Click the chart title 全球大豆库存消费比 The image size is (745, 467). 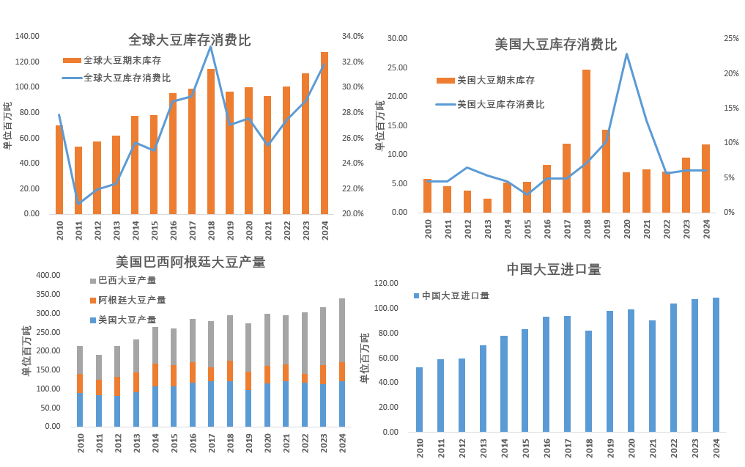pyautogui.click(x=189, y=40)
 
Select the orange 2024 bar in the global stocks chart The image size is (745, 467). pyautogui.click(x=325, y=132)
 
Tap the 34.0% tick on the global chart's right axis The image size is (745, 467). pyautogui.click(x=353, y=36)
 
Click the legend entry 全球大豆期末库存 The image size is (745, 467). pyautogui.click(x=122, y=60)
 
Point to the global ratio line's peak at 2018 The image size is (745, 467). pyautogui.click(x=211, y=47)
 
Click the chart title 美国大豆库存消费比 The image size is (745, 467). pyautogui.click(x=555, y=45)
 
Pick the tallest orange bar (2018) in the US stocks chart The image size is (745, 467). pyautogui.click(x=586, y=139)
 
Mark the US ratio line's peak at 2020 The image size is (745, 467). pyautogui.click(x=626, y=54)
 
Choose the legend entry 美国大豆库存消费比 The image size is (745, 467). pyautogui.click(x=500, y=104)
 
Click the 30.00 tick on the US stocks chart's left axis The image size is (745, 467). pyautogui.click(x=397, y=38)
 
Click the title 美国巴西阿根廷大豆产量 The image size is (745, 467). pyautogui.click(x=190, y=262)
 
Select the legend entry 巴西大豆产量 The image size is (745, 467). pyautogui.click(x=127, y=280)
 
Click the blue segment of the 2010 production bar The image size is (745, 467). pyautogui.click(x=80, y=409)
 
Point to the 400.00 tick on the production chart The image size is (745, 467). pyautogui.click(x=48, y=276)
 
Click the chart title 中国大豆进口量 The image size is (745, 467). pyautogui.click(x=554, y=269)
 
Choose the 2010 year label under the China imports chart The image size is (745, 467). pyautogui.click(x=420, y=446)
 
